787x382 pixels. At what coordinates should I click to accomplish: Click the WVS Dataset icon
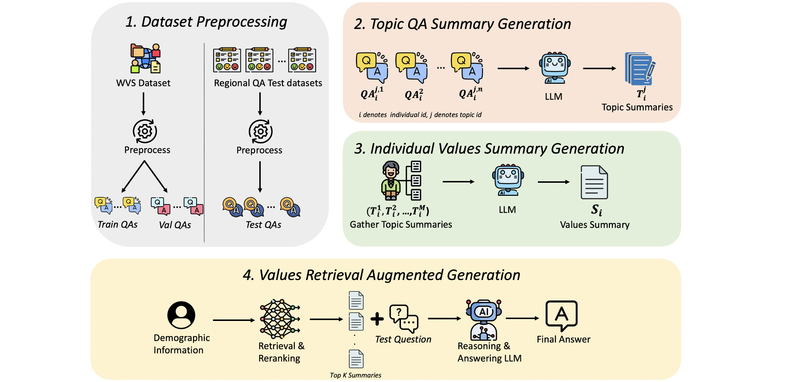point(145,58)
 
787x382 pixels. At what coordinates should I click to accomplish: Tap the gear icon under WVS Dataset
point(145,131)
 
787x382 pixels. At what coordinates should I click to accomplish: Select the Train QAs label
point(118,225)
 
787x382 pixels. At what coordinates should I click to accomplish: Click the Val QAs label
point(175,225)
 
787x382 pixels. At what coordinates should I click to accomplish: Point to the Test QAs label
point(263,225)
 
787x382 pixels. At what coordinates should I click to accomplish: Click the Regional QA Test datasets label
point(268,83)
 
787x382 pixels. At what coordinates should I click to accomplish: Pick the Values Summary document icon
point(594,182)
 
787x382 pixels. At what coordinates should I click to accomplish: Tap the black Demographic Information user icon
point(181,315)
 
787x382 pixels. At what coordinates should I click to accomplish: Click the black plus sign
point(377,319)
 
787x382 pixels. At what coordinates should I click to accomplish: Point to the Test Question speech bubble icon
point(404,319)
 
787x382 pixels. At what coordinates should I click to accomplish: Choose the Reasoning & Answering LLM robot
point(484,320)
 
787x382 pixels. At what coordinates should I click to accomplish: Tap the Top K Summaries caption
point(356,375)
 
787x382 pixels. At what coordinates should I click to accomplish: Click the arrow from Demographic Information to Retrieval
point(234,320)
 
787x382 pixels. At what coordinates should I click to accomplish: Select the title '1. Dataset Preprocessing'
point(206,22)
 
